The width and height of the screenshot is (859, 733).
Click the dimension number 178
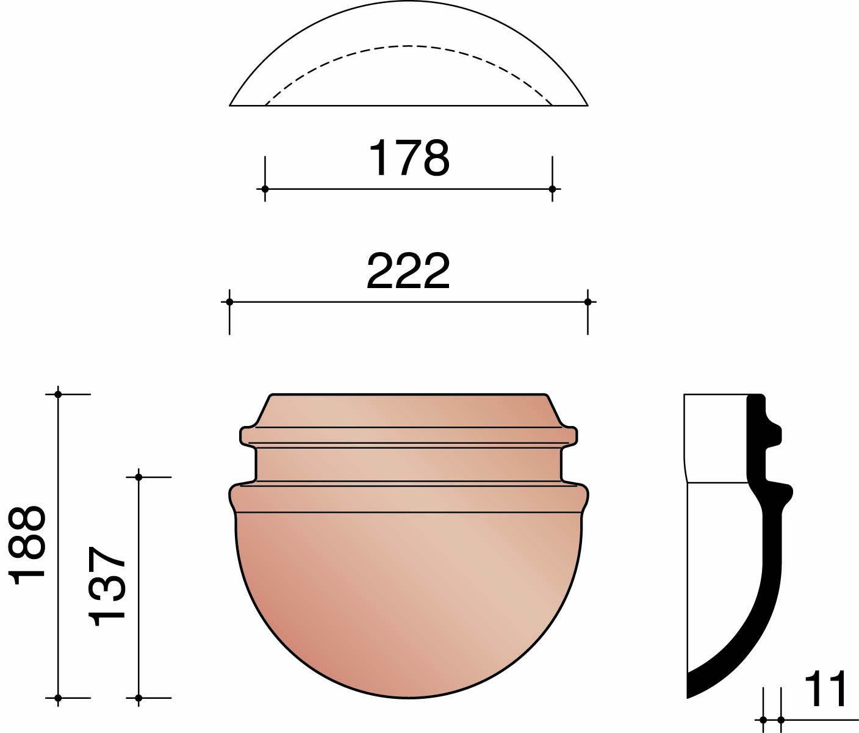(x=409, y=158)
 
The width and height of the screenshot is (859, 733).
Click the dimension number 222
(x=408, y=271)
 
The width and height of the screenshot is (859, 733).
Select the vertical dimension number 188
(x=28, y=545)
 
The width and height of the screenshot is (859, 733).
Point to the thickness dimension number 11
(x=825, y=690)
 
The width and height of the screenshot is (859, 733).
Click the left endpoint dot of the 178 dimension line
(x=265, y=189)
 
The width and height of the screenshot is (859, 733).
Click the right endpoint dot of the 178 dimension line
(x=552, y=189)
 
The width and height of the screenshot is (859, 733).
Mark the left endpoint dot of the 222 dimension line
(x=229, y=302)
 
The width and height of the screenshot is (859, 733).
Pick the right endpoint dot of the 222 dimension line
(x=588, y=302)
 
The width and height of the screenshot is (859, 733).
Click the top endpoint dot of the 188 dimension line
(x=58, y=394)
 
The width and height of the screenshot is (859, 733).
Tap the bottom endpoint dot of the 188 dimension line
(x=58, y=698)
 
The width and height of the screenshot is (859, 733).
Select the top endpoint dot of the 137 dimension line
(x=138, y=477)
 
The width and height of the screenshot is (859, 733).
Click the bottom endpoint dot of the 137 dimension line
(x=138, y=698)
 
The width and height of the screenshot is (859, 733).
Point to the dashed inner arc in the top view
(x=408, y=46)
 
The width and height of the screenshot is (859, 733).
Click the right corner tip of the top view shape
(x=587, y=105)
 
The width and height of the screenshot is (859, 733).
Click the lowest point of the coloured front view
(x=408, y=697)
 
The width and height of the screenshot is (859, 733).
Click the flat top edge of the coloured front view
(x=408, y=395)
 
